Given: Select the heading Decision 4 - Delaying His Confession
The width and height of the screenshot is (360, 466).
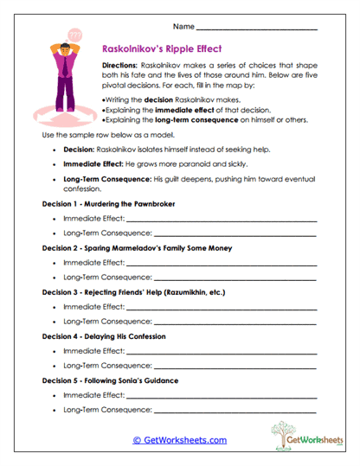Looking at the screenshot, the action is (x=104, y=336).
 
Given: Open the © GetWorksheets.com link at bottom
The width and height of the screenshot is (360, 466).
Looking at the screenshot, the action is (x=179, y=439).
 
